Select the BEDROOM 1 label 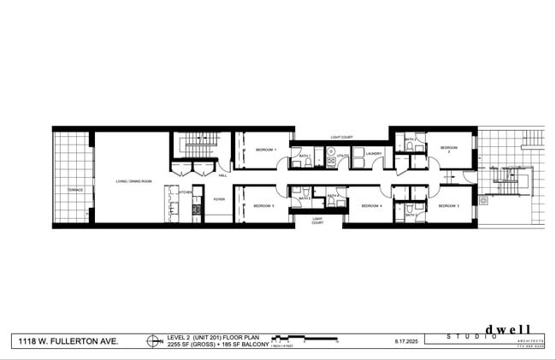[265, 150]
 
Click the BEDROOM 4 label [370, 206]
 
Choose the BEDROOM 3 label [449, 206]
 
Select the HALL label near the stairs [222, 175]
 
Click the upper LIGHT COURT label [342, 137]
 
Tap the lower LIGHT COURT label [316, 221]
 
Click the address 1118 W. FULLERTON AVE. [69, 341]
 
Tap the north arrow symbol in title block [154, 341]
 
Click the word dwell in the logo [508, 330]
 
